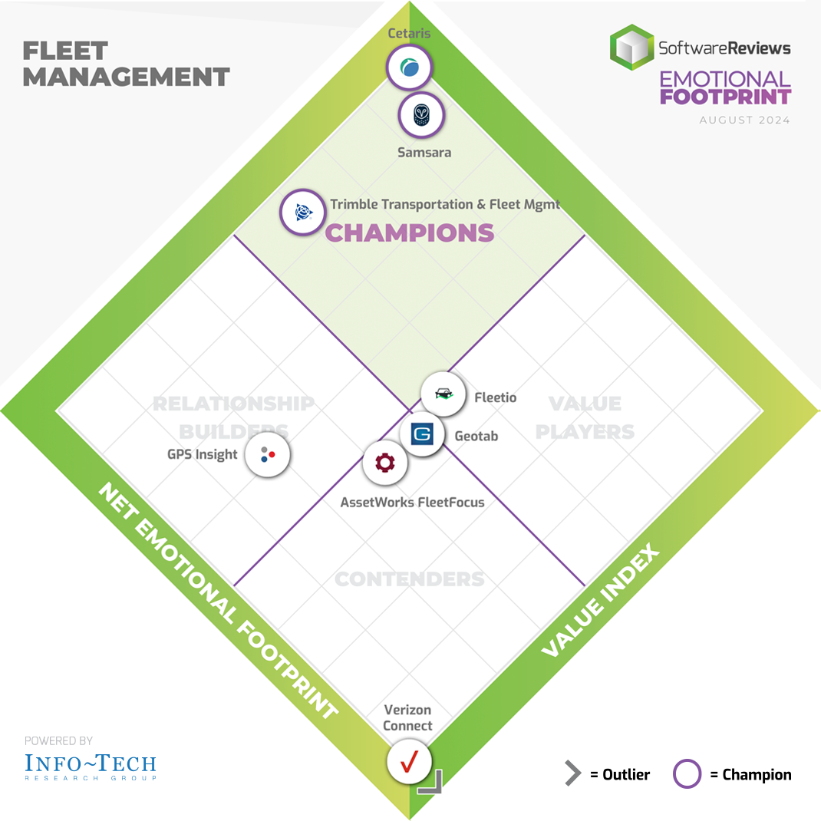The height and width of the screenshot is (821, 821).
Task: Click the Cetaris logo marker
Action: [409, 68]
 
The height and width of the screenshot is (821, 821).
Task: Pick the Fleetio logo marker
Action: [443, 394]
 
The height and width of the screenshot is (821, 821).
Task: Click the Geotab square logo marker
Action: [422, 434]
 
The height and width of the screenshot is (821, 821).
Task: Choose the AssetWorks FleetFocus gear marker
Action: [384, 463]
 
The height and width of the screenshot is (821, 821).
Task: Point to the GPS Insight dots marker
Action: [267, 454]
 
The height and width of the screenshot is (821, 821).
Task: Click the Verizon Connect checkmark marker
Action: [409, 760]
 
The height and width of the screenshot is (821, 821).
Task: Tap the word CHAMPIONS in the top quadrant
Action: [409, 232]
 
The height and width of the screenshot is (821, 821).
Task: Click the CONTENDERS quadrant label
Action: [410, 579]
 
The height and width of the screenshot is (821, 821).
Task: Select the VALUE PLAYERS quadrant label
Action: [585, 417]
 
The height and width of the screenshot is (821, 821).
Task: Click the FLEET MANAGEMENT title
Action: [126, 64]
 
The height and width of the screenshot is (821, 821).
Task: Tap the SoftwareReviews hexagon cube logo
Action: [631, 46]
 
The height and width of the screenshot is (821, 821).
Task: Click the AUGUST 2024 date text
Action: [744, 120]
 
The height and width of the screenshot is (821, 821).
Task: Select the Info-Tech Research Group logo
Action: [91, 765]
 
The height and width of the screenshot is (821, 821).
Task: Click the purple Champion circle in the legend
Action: [687, 774]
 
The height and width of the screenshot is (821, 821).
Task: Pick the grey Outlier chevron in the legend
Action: [572, 774]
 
